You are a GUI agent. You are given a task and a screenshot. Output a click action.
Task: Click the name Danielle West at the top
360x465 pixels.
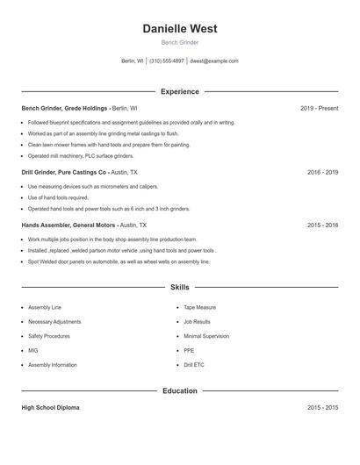coord(179,29)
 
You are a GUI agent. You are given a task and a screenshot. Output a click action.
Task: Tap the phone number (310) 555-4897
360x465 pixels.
coord(167,61)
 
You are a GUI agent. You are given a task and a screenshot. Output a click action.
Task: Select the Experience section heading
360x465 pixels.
coord(179,91)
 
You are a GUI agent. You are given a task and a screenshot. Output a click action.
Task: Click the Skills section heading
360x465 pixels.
coord(179,287)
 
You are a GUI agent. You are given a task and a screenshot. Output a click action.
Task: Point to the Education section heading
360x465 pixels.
coord(179,390)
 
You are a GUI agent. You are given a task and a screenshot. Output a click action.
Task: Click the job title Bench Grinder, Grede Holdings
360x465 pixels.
coord(64,108)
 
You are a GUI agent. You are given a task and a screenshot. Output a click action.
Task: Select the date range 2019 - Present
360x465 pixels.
coord(319,108)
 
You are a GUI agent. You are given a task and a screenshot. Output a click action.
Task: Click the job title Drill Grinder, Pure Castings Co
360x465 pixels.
coord(63,173)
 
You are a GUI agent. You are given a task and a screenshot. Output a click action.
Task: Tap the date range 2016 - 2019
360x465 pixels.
coord(322,173)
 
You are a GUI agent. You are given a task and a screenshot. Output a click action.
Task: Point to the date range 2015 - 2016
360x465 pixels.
coord(322,225)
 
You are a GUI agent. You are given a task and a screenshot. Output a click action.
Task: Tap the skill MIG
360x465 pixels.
coord(33,350)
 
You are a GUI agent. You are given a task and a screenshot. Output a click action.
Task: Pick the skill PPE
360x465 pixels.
coord(189,350)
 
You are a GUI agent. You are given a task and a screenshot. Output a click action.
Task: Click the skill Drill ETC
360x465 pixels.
coord(194,364)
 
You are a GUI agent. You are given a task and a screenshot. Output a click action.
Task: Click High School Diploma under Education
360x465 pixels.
coord(51,408)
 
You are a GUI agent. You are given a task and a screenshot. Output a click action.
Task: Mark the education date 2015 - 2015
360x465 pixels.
coord(322,408)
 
